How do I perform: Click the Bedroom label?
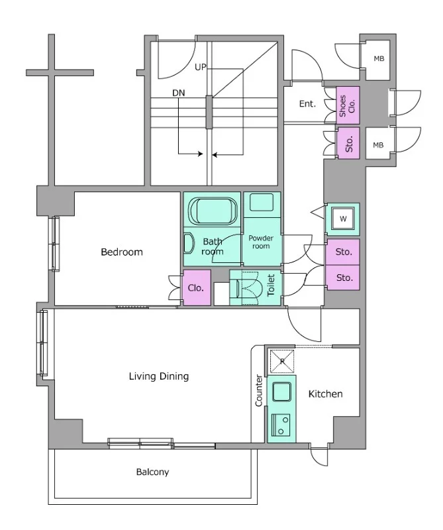coord(122,252)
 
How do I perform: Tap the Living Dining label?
coord(159,376)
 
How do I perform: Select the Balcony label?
coord(152,472)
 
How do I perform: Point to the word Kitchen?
coord(325,394)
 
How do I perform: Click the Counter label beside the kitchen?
coord(259,390)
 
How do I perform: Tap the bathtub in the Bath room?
coord(213,211)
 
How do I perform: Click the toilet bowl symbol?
coord(250,288)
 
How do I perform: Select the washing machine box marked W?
coord(342,219)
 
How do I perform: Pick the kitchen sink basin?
coord(281,392)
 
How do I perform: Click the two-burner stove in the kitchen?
coord(281,425)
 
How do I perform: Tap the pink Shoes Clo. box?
coord(348,105)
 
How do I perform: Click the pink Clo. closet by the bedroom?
coord(197,288)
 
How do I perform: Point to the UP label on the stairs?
coord(201,67)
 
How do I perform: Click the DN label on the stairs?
coord(179,93)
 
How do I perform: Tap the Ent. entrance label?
coord(307,104)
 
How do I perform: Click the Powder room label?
coord(261,242)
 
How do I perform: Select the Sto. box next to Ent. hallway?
coord(348,144)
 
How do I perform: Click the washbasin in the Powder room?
coord(262,203)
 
